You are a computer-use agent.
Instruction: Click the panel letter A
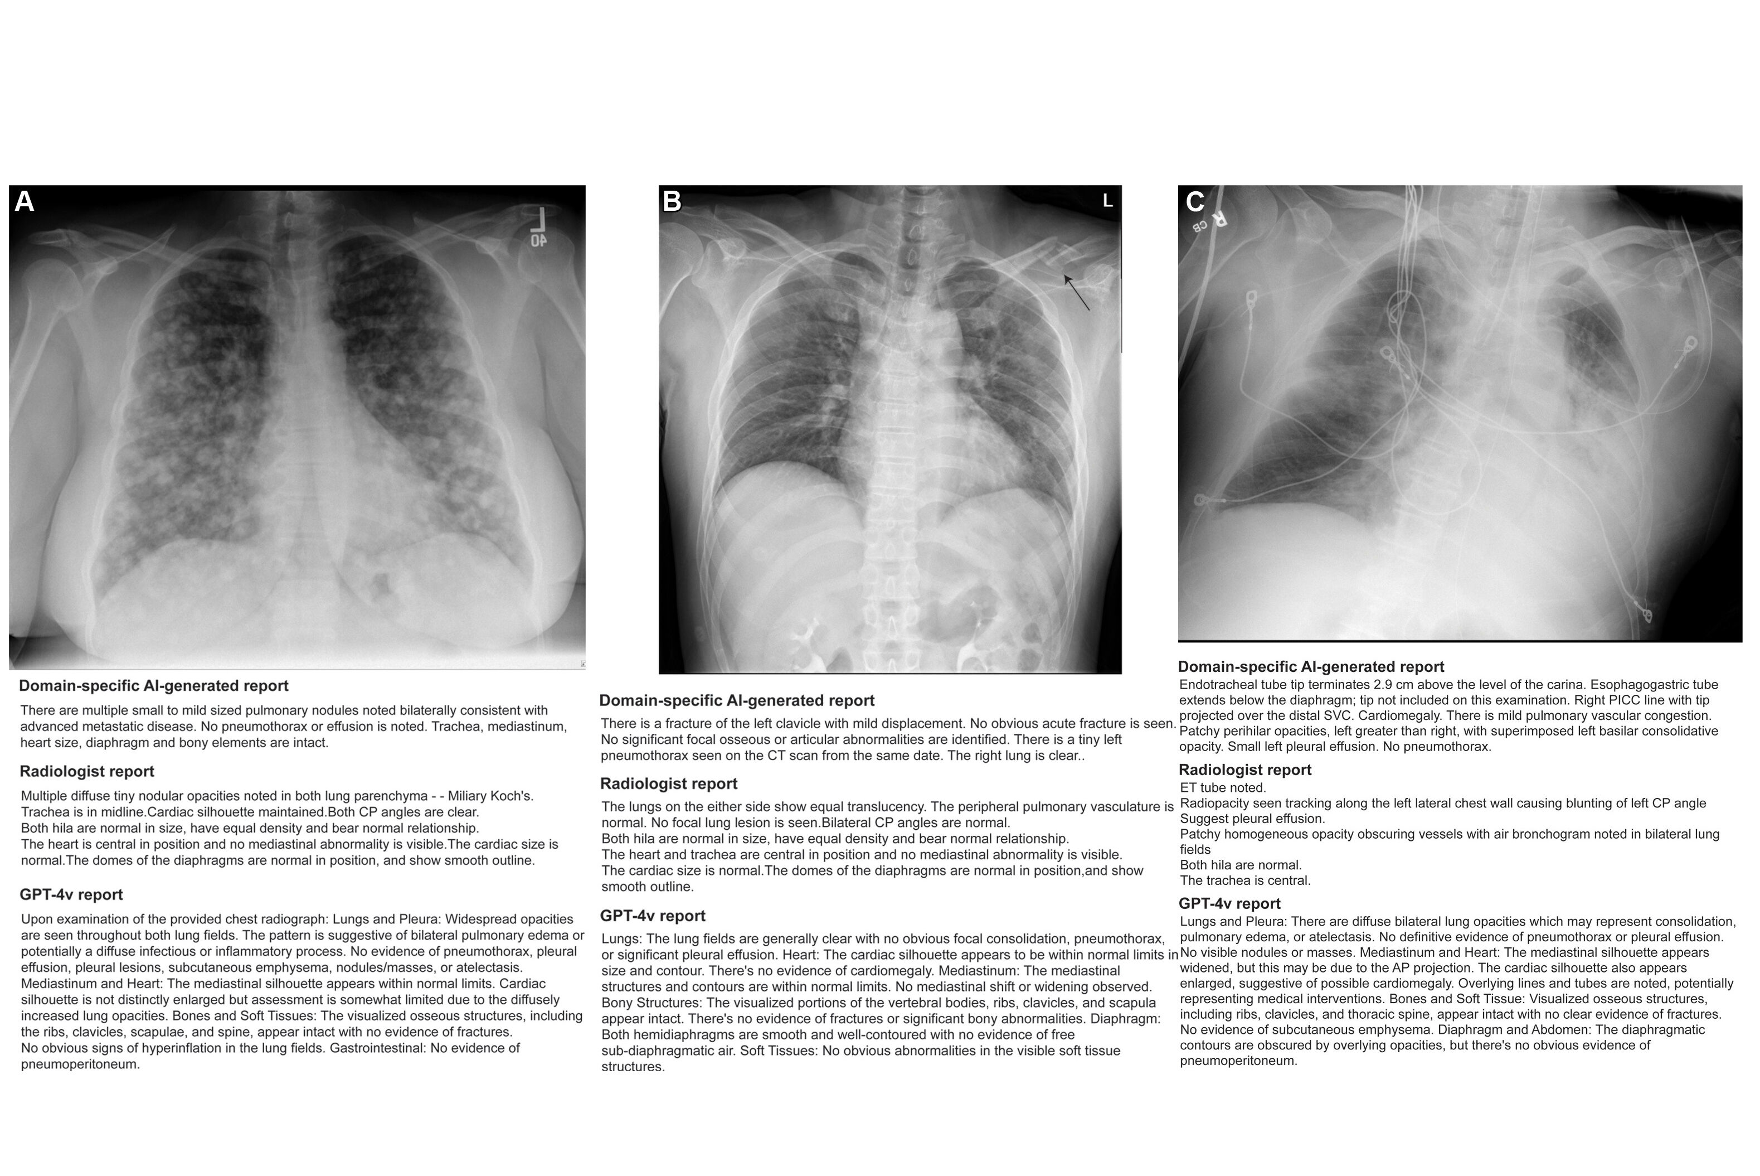[x=24, y=202]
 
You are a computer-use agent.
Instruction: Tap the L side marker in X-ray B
[x=1107, y=200]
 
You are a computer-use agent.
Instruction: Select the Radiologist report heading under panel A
[x=87, y=771]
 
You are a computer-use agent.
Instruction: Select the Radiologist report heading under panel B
[x=669, y=784]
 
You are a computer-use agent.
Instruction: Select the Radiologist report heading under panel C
[x=1244, y=770]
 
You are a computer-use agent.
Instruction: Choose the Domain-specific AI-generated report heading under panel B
[x=736, y=700]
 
